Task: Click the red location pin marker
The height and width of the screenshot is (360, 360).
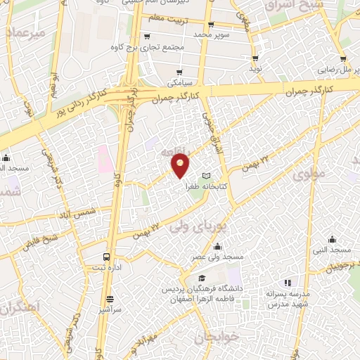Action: click(x=181, y=165)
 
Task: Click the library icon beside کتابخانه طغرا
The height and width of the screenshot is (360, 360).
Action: click(x=206, y=176)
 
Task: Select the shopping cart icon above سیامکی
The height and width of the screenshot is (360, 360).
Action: click(x=180, y=72)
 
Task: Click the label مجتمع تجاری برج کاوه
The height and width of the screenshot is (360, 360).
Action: click(x=172, y=48)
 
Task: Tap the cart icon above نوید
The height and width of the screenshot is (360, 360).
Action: click(x=255, y=58)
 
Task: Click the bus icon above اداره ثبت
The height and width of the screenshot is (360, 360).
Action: click(x=106, y=257)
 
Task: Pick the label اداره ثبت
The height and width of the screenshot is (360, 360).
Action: click(x=106, y=268)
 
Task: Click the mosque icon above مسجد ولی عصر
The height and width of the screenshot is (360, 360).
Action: click(x=217, y=246)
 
